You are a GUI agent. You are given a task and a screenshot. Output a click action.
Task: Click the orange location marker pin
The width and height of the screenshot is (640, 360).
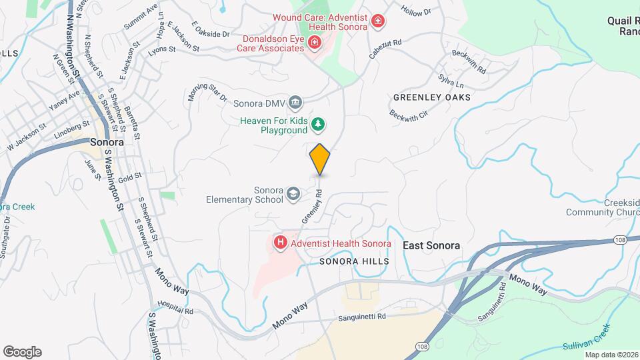[320, 159]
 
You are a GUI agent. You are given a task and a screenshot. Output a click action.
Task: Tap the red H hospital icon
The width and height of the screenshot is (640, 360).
[281, 243]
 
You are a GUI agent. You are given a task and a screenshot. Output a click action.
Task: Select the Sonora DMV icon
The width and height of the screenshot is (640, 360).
[297, 103]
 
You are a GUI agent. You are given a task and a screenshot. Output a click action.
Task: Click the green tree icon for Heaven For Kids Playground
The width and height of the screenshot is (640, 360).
[319, 123]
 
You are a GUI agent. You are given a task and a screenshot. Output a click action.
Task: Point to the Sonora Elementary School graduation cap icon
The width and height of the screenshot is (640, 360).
[292, 194]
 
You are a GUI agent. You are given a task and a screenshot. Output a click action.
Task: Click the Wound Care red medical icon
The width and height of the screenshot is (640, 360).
[378, 22]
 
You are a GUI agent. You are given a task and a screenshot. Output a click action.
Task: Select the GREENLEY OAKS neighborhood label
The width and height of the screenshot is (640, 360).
[431, 97]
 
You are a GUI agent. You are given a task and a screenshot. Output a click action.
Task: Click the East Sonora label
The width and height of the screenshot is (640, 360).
[431, 245]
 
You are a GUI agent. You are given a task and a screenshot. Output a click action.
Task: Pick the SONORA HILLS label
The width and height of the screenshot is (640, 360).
[353, 261]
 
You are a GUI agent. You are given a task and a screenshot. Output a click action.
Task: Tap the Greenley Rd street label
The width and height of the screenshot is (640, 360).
[312, 207]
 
